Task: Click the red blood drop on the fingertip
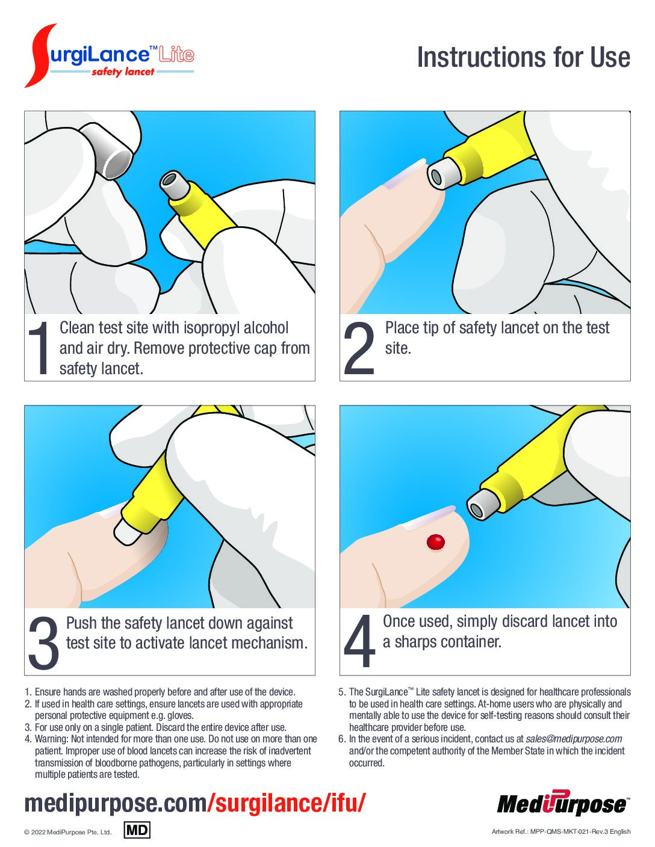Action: (435, 542)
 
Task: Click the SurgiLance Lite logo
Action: (109, 56)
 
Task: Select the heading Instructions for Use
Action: (524, 57)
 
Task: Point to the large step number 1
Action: (39, 348)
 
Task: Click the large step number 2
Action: (359, 348)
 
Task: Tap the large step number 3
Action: (44, 642)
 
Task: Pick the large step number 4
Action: (359, 641)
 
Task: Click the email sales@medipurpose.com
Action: (574, 739)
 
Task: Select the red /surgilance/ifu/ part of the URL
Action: (287, 803)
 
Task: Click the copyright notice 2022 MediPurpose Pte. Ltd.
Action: (68, 832)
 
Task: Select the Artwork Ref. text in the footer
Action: (561, 831)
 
